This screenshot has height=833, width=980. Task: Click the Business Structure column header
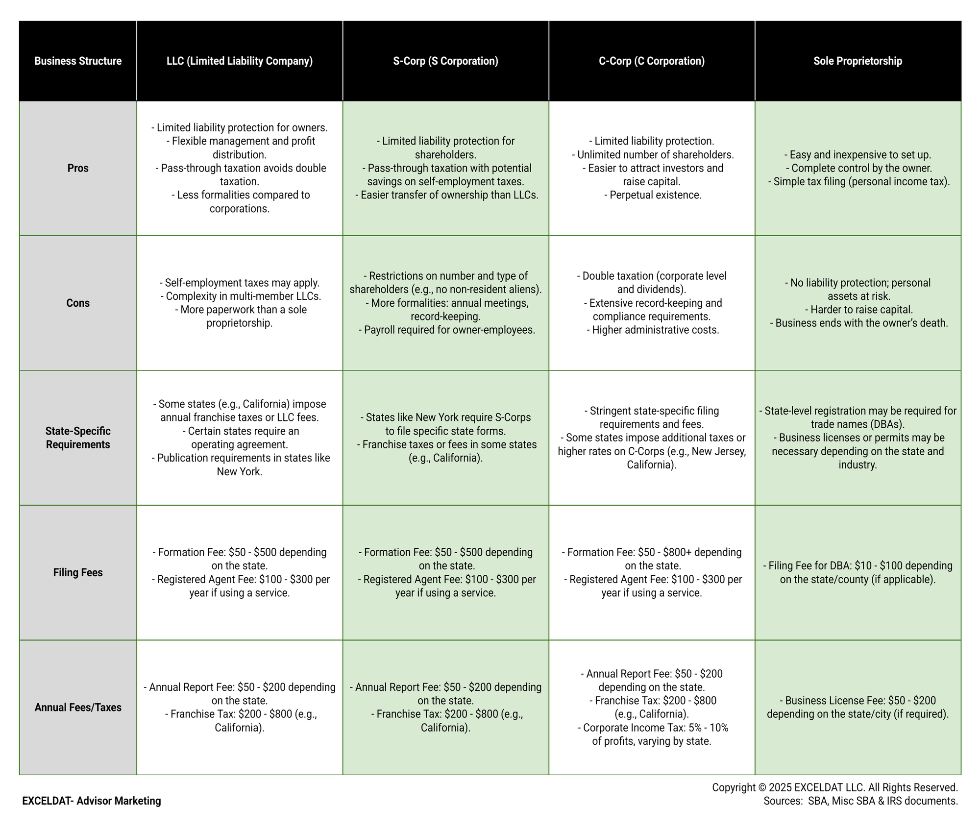pyautogui.click(x=78, y=61)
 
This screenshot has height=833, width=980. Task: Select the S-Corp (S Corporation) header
pyautogui.click(x=445, y=61)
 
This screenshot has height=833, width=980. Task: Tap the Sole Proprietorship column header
pyautogui.click(x=857, y=61)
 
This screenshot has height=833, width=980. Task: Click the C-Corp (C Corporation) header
pyautogui.click(x=652, y=61)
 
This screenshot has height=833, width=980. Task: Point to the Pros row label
pyautogui.click(x=78, y=168)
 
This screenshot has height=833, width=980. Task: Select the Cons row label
pyautogui.click(x=78, y=303)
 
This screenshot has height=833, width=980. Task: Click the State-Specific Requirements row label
pyautogui.click(x=78, y=438)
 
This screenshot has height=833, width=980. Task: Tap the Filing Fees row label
pyautogui.click(x=78, y=572)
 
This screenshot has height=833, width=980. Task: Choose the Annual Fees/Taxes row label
pyautogui.click(x=78, y=707)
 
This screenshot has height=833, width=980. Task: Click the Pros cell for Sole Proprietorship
pyautogui.click(x=857, y=168)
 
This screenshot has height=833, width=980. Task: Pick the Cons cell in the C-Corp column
pyautogui.click(x=652, y=303)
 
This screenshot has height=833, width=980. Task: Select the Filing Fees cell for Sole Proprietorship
pyautogui.click(x=857, y=572)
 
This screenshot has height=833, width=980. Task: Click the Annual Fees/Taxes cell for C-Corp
pyautogui.click(x=652, y=707)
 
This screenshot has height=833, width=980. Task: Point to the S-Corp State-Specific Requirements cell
pyautogui.click(x=445, y=438)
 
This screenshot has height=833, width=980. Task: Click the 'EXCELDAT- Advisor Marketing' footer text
pyautogui.click(x=92, y=801)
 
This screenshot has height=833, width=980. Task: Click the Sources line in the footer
pyautogui.click(x=860, y=801)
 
